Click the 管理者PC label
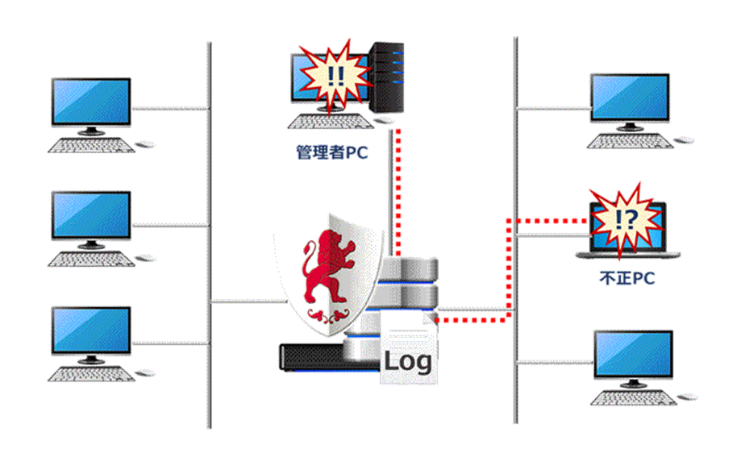[x=331, y=152]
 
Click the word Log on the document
[x=407, y=360]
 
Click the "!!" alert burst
[x=335, y=77]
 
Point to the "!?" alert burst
[x=621, y=219]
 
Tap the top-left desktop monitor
[x=91, y=102]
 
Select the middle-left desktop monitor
[x=91, y=215]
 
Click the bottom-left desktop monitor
[x=91, y=331]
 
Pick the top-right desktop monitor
[x=629, y=98]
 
